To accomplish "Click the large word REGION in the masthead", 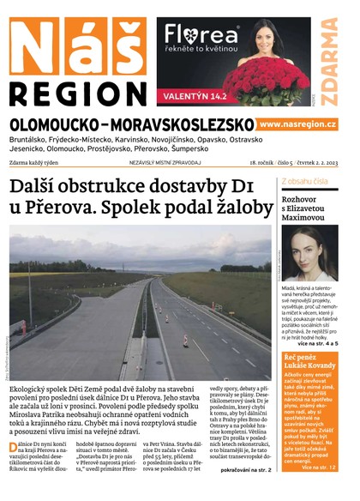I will click(x=78, y=94).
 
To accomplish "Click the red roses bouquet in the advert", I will click(x=265, y=80).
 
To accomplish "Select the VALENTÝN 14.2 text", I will click(x=196, y=96).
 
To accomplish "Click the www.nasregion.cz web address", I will click(x=297, y=125).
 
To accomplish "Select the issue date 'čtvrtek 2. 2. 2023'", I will click(x=309, y=161).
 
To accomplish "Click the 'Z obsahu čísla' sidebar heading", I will click(x=303, y=181).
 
